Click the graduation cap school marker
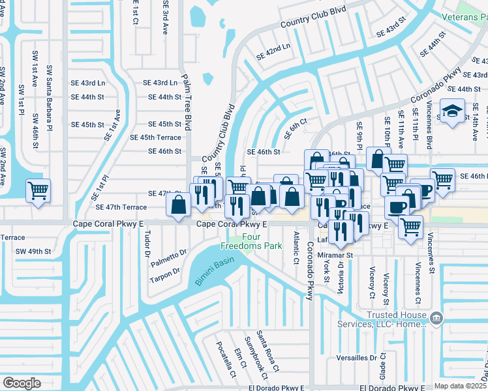451,111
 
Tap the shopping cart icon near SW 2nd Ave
38,191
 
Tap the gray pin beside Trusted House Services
436,318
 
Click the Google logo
22,383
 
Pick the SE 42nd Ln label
273,51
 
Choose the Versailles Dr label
356,358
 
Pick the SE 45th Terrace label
155,138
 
